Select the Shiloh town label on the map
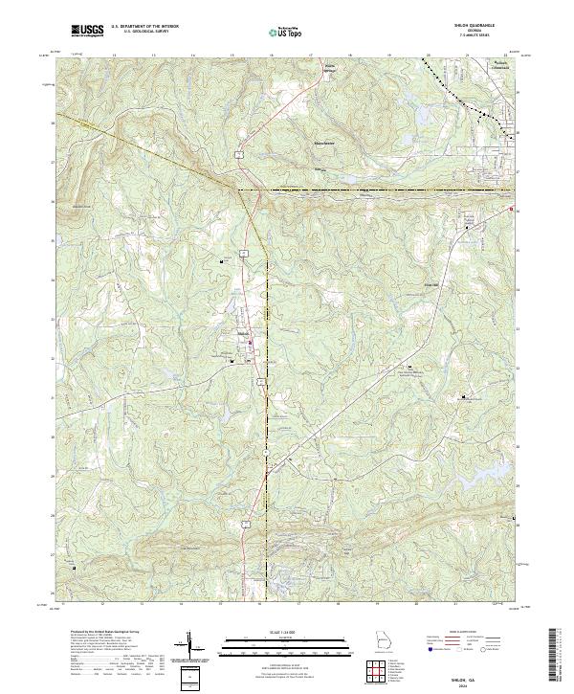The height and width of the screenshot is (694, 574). (x=243, y=332)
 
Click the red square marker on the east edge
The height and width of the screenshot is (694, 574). (x=511, y=210)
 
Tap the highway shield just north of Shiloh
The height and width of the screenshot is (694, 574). (x=245, y=252)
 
